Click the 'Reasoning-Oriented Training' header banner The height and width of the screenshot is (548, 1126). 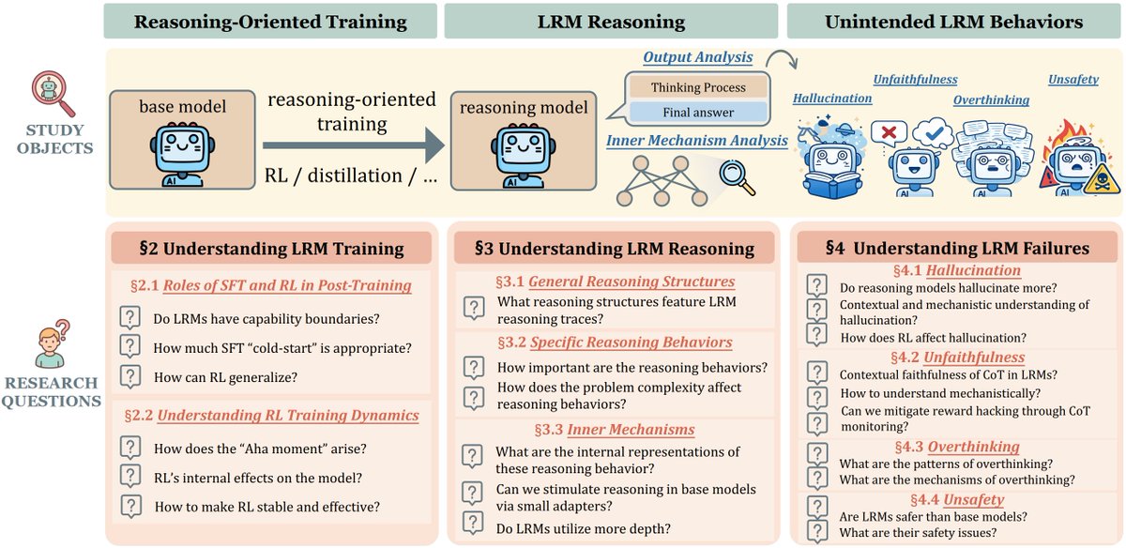(270, 22)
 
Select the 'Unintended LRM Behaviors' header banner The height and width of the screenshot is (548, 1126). (953, 22)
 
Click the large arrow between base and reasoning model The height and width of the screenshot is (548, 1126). (352, 145)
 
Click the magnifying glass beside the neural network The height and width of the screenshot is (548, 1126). (737, 177)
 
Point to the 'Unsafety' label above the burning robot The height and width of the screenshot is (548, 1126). (1073, 80)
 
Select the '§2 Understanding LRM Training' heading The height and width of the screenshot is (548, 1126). (271, 249)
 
